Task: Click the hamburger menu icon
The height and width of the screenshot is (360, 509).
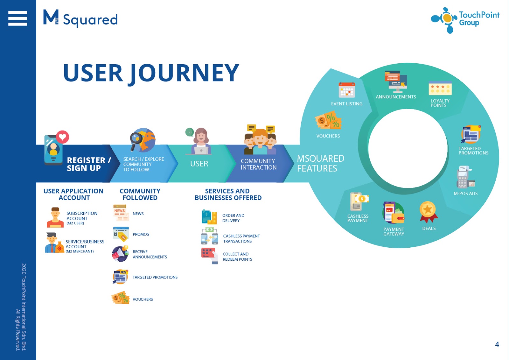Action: (17, 18)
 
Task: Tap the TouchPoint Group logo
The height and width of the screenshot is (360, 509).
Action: (465, 20)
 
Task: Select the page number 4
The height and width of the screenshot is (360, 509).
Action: (497, 344)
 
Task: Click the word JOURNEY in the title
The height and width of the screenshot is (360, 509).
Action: (185, 74)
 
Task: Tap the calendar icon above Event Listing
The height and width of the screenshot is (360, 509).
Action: (347, 90)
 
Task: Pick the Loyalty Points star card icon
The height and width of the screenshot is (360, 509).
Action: (440, 88)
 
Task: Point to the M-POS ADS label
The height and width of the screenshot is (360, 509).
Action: (466, 194)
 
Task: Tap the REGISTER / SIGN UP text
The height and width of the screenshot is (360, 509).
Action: (89, 164)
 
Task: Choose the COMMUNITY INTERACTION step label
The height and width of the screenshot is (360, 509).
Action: (259, 164)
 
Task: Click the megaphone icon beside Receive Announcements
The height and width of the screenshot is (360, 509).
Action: (120, 254)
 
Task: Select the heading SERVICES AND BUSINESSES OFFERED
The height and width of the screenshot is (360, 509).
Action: (228, 194)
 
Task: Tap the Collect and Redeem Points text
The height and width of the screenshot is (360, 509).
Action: (237, 257)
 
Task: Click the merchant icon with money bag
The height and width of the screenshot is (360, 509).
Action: (54, 243)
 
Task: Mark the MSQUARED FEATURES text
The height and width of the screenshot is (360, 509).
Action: (321, 163)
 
